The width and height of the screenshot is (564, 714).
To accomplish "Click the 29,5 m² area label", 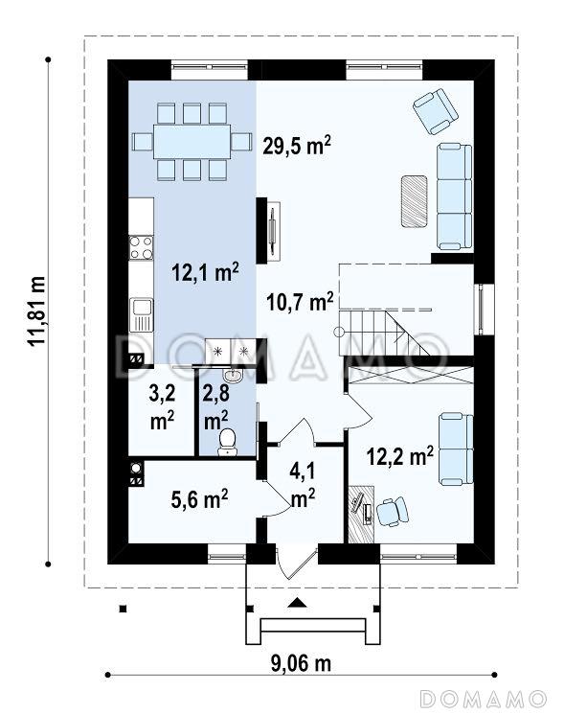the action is [297, 146].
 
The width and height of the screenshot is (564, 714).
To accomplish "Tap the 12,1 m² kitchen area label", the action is [205, 272].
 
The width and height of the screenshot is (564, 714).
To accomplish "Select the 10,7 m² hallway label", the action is [300, 302].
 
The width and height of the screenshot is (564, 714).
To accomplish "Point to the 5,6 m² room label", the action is [200, 498].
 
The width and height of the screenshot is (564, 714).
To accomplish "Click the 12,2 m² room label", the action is [400, 455].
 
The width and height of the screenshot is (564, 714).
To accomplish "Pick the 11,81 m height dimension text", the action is [37, 311].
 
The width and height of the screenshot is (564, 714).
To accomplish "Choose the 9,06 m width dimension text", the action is [301, 663].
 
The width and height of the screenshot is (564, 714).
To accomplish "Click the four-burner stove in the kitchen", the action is [141, 247].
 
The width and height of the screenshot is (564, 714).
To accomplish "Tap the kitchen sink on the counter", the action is [141, 314].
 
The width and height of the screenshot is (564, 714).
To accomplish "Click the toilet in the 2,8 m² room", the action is [227, 442].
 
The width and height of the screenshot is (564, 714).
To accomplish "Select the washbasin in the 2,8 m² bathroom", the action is [234, 375].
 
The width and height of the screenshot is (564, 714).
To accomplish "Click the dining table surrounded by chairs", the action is [192, 141].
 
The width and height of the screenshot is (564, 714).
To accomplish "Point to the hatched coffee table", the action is [414, 201].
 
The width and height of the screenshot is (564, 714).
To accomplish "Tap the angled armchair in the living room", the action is [436, 111].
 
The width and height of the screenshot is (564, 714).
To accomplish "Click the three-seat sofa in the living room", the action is [455, 196].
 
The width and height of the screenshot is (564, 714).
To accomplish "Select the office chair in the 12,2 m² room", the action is [392, 512].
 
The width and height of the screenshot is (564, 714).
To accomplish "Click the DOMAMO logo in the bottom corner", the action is [483, 698].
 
